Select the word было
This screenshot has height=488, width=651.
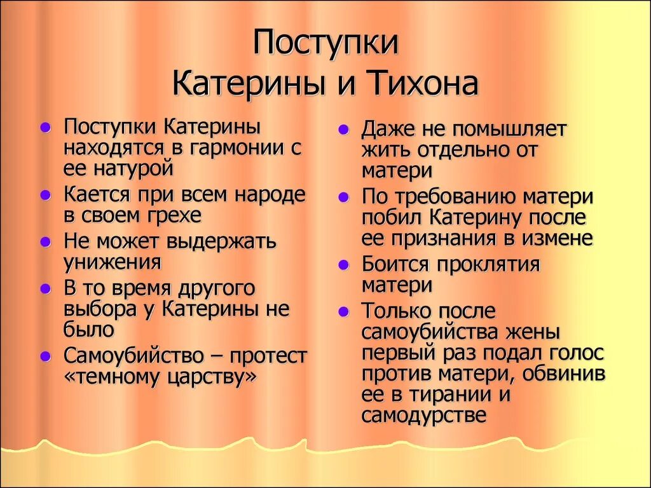[88, 330]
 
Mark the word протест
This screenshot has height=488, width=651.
[269, 355]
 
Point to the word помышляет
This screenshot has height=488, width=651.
[509, 129]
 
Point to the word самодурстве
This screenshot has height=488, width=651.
[424, 416]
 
